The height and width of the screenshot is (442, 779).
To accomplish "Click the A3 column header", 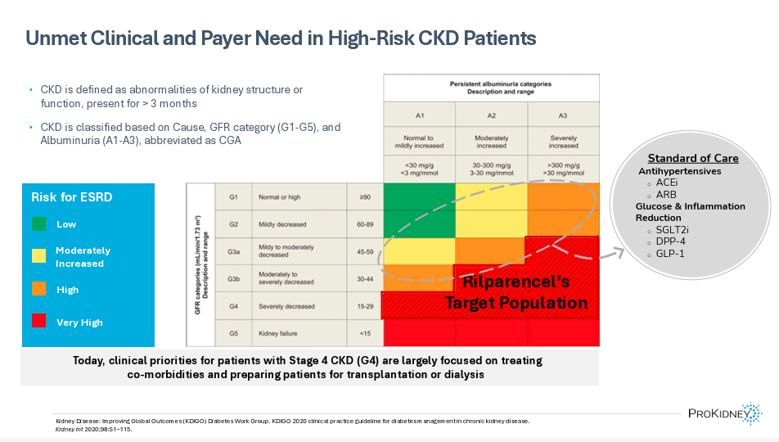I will (562, 115).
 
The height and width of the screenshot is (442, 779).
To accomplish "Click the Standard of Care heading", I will (692, 158).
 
